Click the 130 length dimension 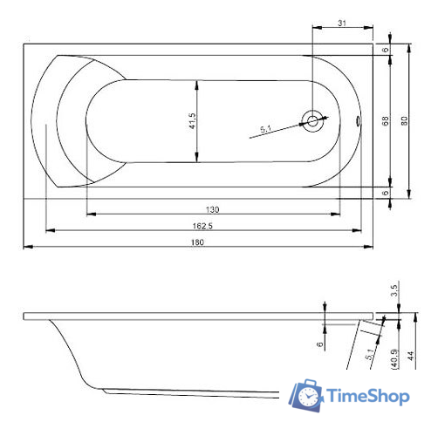pyautogui.click(x=211, y=209)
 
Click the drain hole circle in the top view pyautogui.click(x=311, y=120)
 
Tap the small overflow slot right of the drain pyautogui.click(x=359, y=122)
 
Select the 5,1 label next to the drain pyautogui.click(x=267, y=130)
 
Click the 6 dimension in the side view pyautogui.click(x=320, y=344)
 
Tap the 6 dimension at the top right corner pyautogui.click(x=385, y=50)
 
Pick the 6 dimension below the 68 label pyautogui.click(x=385, y=192)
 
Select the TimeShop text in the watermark pyautogui.click(x=367, y=397)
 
